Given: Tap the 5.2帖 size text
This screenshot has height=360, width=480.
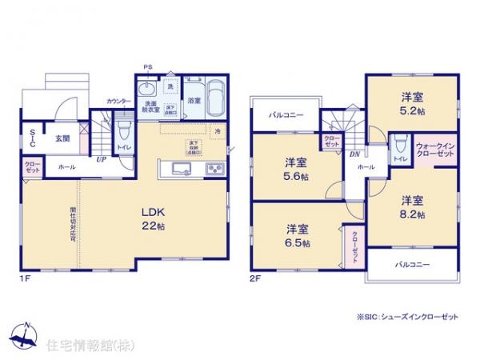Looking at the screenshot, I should (x=413, y=110).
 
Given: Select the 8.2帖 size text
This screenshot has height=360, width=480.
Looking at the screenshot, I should (x=413, y=214).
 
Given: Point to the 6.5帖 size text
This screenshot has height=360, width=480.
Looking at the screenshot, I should (x=298, y=242).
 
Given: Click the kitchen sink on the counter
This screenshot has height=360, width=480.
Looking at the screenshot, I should (x=178, y=169).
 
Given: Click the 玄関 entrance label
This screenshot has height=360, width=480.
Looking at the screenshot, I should (x=62, y=138).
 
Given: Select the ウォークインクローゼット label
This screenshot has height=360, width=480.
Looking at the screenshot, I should (x=436, y=149).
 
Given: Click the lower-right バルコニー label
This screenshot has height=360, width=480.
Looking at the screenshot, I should (x=412, y=264).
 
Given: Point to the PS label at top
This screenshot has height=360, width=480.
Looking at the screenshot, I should (x=147, y=67).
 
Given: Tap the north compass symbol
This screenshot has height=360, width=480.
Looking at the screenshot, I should (x=26, y=335).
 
